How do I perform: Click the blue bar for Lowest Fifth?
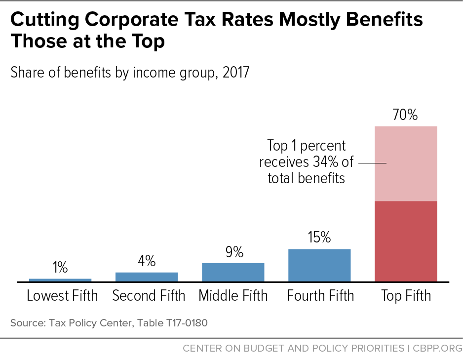pos(60,280)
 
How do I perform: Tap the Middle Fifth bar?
pos(233,272)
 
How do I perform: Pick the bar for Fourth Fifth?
pos(319,265)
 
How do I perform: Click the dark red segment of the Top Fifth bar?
pos(406,241)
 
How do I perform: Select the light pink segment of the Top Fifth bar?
pos(406,163)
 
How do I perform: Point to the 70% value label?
pos(405,116)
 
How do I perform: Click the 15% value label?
pos(319,238)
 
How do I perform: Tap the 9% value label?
pos(233,252)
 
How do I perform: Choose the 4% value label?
pos(147,261)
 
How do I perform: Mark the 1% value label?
pos(60,268)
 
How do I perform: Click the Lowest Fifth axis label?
pos(62,296)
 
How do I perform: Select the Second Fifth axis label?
pos(149,296)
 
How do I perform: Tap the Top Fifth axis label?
pos(406,296)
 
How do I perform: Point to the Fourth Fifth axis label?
pos(320,296)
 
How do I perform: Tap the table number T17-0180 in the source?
pos(181,324)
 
